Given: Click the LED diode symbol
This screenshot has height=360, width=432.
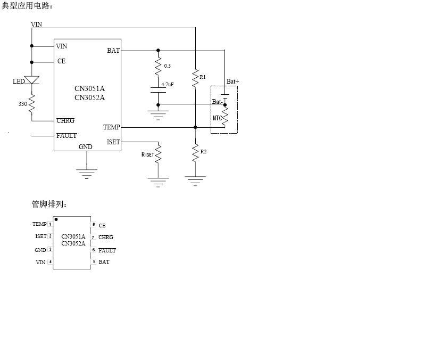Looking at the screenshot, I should point(32,80).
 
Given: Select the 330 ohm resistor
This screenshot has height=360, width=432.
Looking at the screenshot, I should point(32,104).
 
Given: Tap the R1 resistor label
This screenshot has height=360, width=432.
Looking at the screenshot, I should point(203,77).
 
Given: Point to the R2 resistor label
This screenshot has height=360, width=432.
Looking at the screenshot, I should point(203,152).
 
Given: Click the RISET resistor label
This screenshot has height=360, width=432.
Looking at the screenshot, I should point(147,154).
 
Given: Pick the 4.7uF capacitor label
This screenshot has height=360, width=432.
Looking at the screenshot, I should point(168,84).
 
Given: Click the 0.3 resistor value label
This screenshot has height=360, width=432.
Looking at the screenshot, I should point(168,66).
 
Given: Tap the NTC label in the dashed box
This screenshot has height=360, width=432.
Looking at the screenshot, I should point(217,118).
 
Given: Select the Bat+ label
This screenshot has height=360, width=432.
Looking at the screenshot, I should point(232,81).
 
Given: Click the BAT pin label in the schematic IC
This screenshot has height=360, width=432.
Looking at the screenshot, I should point(113,51).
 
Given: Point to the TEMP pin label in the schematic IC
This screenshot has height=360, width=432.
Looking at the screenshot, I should point(111,127).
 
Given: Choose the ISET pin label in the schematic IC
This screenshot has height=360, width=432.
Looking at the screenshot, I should point(113,142).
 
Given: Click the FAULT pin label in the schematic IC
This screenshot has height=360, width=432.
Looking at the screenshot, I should point(67,136).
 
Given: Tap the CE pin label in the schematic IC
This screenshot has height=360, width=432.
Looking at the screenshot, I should point(61,62).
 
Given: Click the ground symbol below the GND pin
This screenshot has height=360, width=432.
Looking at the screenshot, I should point(87,173).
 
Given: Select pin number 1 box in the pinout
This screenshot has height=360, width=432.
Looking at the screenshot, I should point(50,224).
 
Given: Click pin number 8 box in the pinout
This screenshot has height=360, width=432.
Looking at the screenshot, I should point(93,225).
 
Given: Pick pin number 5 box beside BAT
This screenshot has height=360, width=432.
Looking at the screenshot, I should point(94,261).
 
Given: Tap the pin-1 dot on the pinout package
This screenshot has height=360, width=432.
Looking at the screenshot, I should point(56,219).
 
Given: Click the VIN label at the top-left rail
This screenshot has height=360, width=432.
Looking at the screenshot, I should point(37,24).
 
